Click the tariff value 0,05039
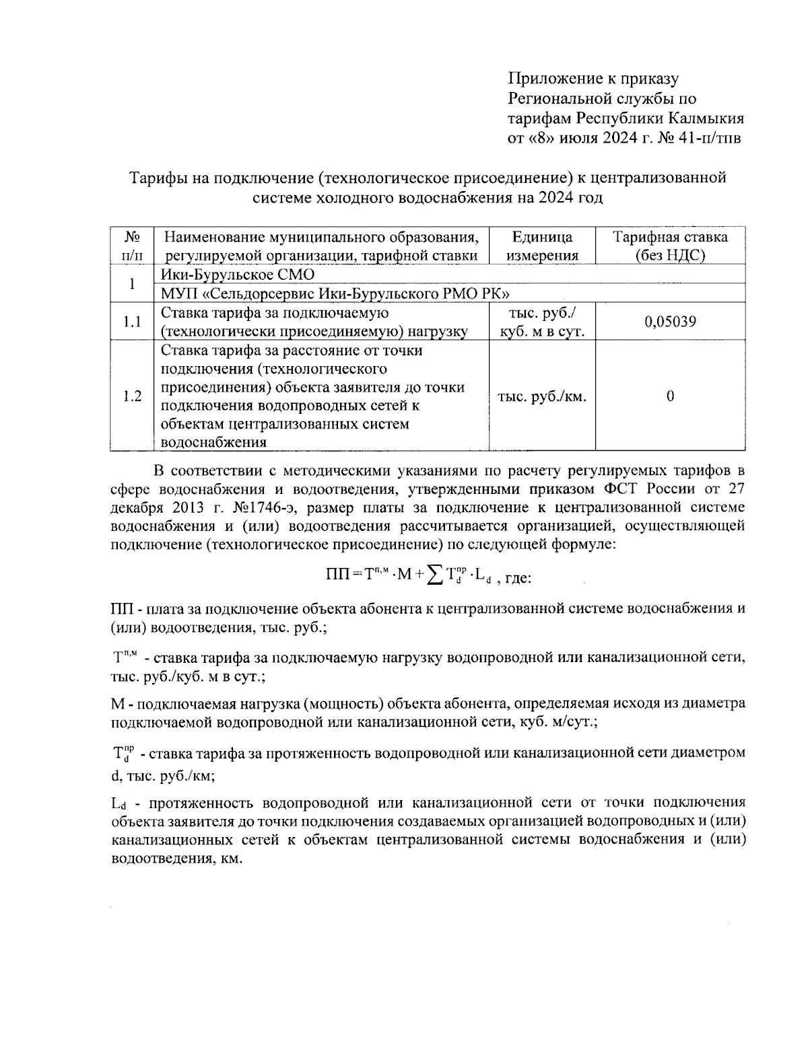pos(670,322)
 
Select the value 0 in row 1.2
pos(670,396)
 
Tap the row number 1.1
pos(132,322)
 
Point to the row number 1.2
pos(132,396)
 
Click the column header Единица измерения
pos(542,246)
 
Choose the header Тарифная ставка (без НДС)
pos(670,246)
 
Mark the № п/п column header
pos(132,246)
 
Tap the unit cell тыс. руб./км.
pos(542,396)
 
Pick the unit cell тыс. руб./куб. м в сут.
pos(542,322)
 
